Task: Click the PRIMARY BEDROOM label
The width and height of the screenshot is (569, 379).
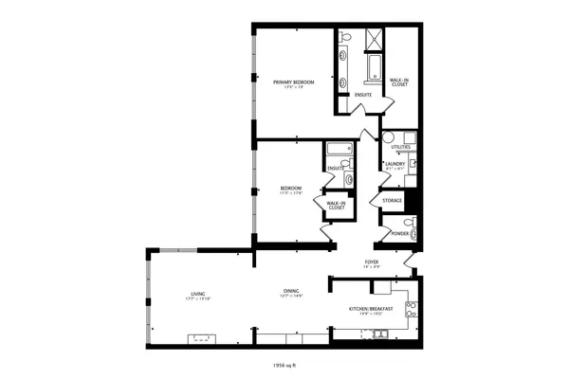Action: (x=293, y=83)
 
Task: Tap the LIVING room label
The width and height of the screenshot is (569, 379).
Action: (x=198, y=296)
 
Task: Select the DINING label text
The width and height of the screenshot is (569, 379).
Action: (x=290, y=291)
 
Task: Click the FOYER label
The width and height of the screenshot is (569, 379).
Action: (x=372, y=262)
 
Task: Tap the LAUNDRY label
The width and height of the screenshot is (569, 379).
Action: (x=395, y=164)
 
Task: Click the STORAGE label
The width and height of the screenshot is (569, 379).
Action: (x=392, y=201)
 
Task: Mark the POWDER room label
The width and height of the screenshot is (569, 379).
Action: (x=399, y=233)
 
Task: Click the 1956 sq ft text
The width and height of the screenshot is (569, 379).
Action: (x=284, y=363)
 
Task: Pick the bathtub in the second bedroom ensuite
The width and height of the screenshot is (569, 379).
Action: (x=337, y=148)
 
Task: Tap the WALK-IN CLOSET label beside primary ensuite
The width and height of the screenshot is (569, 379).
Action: (x=399, y=82)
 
